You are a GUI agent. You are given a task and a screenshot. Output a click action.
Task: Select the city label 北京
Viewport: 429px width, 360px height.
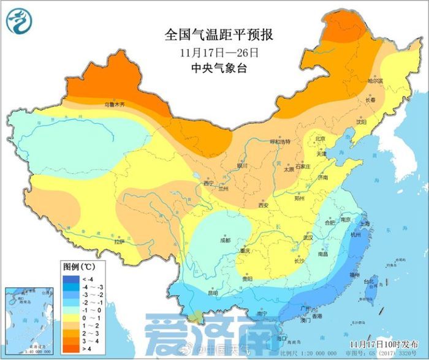[319, 139]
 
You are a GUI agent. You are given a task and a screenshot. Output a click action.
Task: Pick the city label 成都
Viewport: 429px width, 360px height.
[226, 240]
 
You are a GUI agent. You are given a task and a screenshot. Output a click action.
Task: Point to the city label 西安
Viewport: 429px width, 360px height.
[263, 206]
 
